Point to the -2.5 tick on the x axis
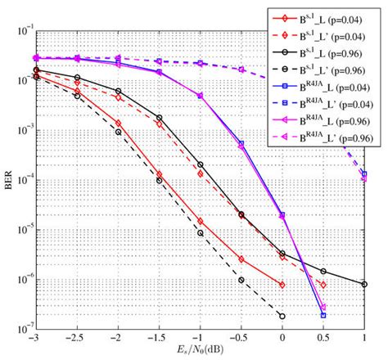77,339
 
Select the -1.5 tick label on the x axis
159,339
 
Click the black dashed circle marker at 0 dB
282,316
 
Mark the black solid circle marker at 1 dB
364,284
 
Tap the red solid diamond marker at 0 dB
282,285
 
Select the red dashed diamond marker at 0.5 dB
323,285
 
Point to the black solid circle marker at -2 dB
118,92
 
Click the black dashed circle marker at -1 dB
201,233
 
